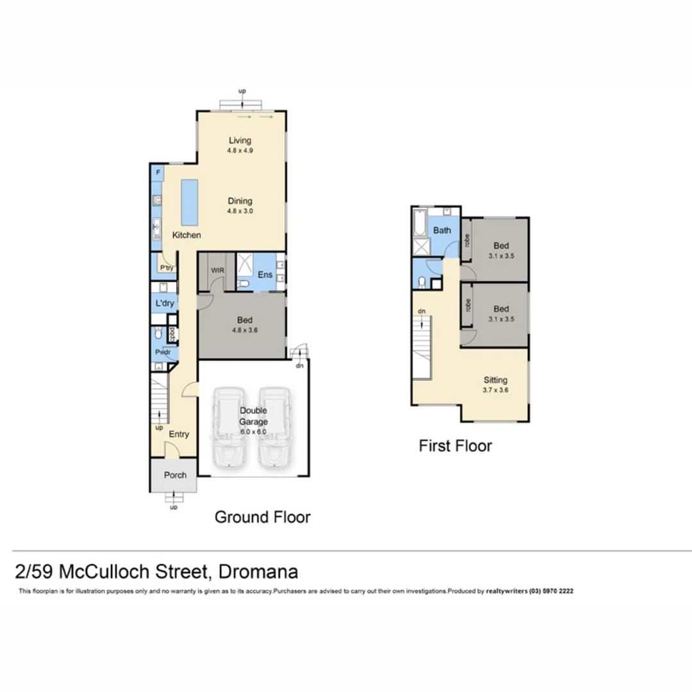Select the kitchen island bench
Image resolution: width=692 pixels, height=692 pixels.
[189, 199]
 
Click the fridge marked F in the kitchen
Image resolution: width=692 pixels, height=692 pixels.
[158, 173]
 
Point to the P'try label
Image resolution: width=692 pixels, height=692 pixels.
[167, 268]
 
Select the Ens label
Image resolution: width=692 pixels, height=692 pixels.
[265, 274]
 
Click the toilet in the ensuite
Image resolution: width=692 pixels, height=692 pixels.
[243, 284]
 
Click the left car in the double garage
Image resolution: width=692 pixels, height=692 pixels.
[229, 426]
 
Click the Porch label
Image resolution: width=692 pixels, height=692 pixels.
[175, 475]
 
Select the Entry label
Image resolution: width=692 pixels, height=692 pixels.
[179, 434]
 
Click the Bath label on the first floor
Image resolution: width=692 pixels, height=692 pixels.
[442, 230]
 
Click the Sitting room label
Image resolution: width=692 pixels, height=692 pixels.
[495, 380]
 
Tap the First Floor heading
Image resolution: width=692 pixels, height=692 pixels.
[455, 445]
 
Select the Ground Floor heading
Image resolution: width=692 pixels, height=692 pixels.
[262, 516]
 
